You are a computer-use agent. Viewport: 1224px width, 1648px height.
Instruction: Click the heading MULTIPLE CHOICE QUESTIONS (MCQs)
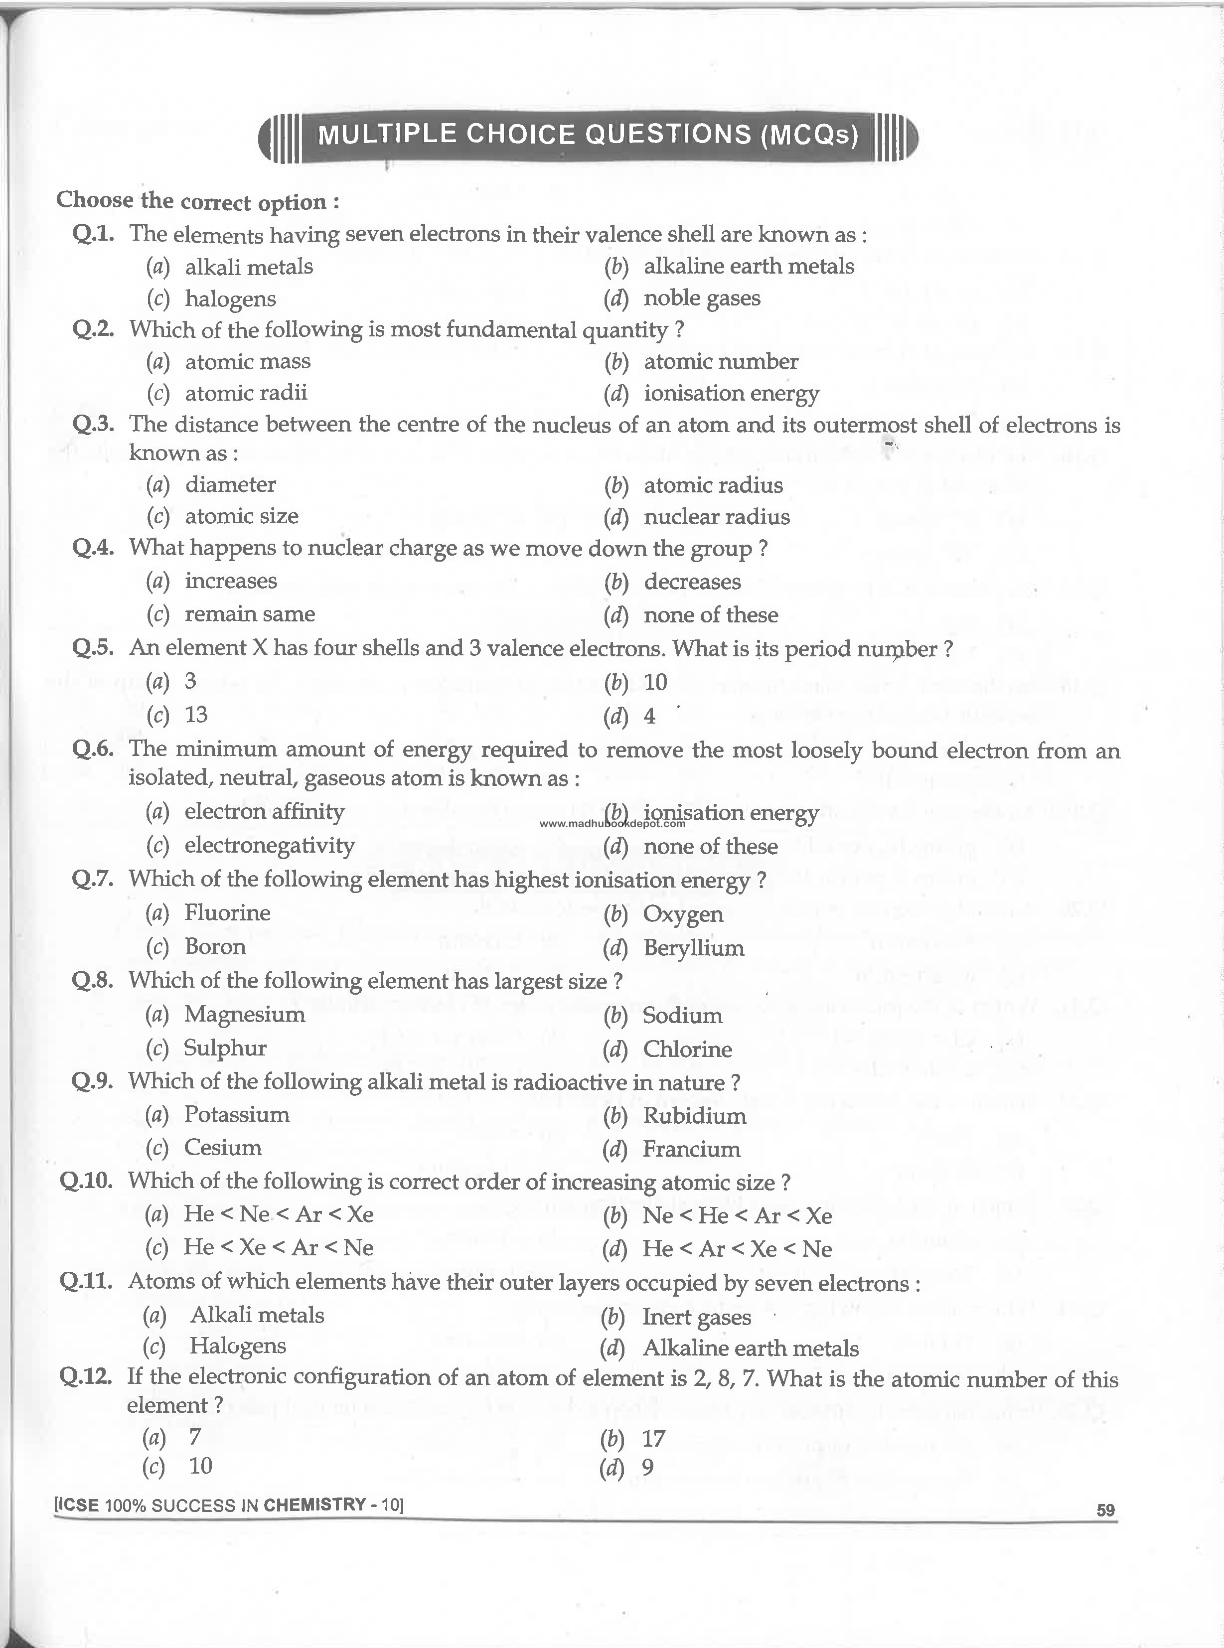pyautogui.click(x=588, y=135)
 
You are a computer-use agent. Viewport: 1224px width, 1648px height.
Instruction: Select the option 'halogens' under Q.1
pyautogui.click(x=230, y=299)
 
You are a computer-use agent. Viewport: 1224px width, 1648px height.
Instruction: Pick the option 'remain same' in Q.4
pyautogui.click(x=250, y=613)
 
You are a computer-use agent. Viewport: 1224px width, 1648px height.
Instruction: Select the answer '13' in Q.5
pyautogui.click(x=196, y=714)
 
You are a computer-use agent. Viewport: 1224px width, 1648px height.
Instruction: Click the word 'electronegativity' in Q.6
pyautogui.click(x=269, y=845)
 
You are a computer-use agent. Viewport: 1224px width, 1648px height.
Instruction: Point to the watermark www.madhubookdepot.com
pyautogui.click(x=612, y=823)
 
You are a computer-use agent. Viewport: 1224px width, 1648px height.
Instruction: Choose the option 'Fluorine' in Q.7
pyautogui.click(x=227, y=912)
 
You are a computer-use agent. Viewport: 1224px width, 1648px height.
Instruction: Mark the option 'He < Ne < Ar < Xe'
pyautogui.click(x=278, y=1214)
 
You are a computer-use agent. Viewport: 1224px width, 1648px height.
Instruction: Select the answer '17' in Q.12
pyautogui.click(x=653, y=1438)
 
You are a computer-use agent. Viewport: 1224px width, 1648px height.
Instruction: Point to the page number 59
pyautogui.click(x=1105, y=1509)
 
